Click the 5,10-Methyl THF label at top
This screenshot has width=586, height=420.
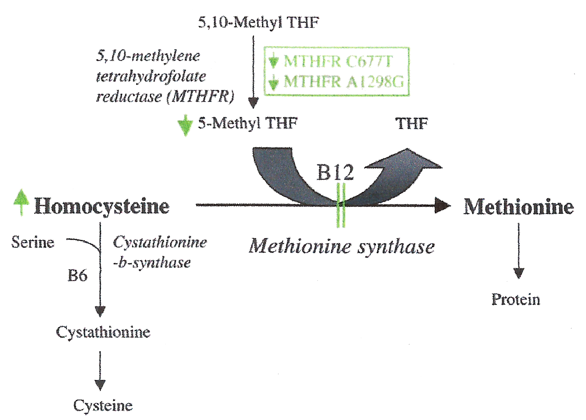(259, 22)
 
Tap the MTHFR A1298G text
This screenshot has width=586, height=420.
(343, 81)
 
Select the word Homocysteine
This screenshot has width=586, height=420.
(102, 206)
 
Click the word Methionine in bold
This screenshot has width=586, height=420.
(519, 207)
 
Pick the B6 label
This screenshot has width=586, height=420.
(77, 275)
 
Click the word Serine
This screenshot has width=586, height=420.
(33, 242)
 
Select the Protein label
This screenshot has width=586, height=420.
(516, 300)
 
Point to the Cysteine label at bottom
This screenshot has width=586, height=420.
(103, 405)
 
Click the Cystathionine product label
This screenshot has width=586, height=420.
(103, 332)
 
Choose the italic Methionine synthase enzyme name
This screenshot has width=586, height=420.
(342, 246)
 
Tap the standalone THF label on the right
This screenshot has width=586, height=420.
(411, 123)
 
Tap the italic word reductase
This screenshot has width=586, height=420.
(129, 97)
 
